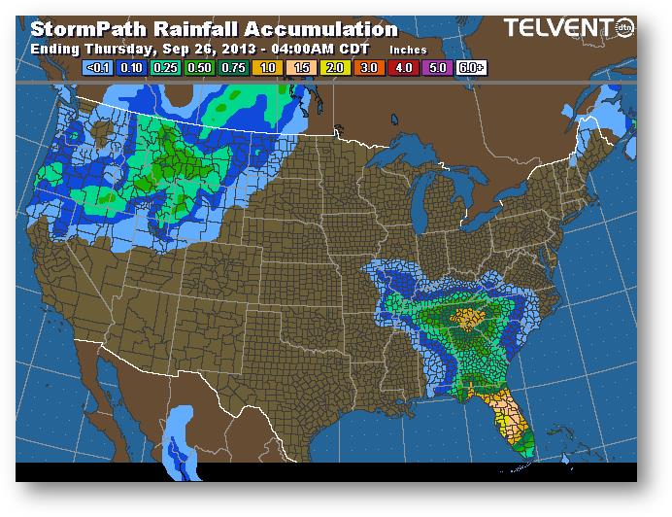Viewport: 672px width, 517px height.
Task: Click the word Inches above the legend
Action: [407, 48]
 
